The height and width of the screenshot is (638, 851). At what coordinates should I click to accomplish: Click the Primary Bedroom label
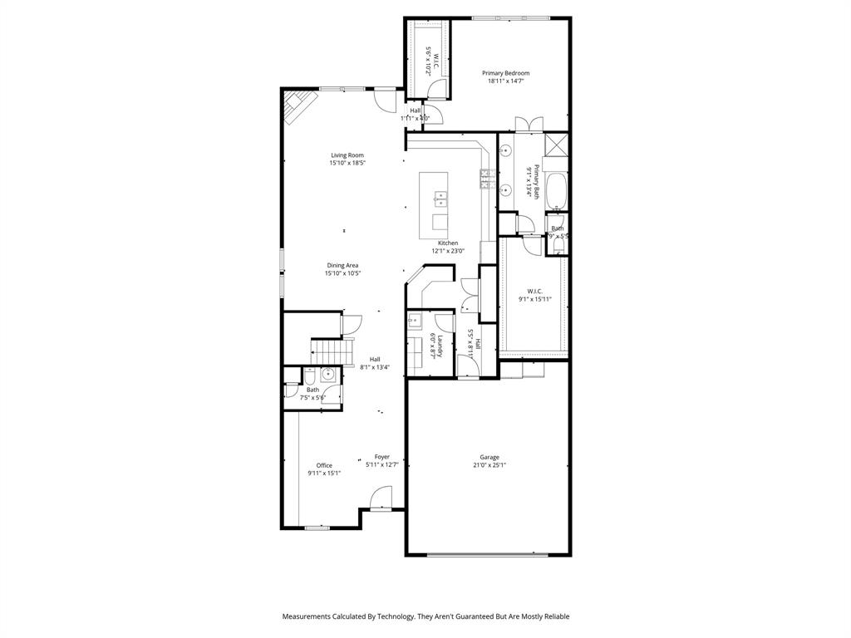pyautogui.click(x=505, y=73)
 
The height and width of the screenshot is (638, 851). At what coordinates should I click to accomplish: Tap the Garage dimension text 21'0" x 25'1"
pyautogui.click(x=489, y=465)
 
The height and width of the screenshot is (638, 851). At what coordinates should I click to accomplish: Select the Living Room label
pyautogui.click(x=347, y=155)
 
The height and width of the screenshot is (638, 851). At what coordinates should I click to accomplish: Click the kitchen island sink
pyautogui.click(x=440, y=199)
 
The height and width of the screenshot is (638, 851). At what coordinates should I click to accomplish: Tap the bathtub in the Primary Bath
pyautogui.click(x=556, y=192)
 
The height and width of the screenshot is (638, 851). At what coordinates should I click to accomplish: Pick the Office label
pyautogui.click(x=324, y=465)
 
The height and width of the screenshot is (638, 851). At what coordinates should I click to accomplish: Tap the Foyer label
pyautogui.click(x=381, y=456)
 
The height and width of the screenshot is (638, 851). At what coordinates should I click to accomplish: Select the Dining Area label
pyautogui.click(x=342, y=265)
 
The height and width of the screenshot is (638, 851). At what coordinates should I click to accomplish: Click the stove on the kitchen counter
pyautogui.click(x=483, y=177)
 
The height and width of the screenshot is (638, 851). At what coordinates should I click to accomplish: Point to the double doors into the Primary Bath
pyautogui.click(x=529, y=125)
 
